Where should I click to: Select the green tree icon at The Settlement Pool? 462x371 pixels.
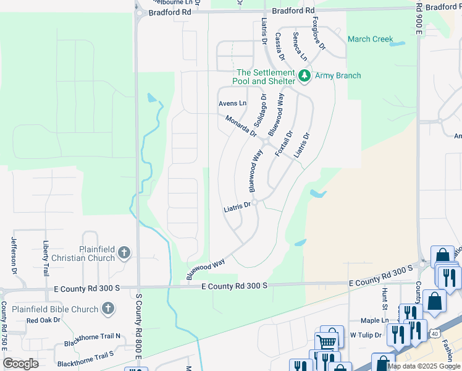point(303,75)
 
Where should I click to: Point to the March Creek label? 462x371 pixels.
point(370,39)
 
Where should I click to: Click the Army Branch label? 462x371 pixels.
point(338,75)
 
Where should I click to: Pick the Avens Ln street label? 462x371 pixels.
point(232,103)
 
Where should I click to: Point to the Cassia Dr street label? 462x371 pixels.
point(279,46)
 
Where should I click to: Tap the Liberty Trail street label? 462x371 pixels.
point(46,258)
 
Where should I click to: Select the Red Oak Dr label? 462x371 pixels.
point(43,320)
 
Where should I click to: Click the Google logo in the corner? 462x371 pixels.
point(20,364)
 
